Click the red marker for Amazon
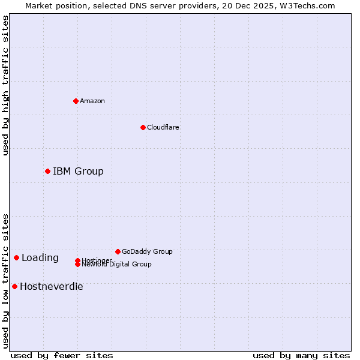[76, 101]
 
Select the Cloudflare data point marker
[143, 127]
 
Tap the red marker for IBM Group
[47, 172]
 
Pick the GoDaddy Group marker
[118, 251]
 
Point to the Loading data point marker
[16, 258]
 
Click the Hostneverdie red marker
[14, 287]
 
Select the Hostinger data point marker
[77, 260]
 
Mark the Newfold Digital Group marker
[77, 265]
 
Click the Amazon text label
[92, 101]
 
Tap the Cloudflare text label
[163, 127]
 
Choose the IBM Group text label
[78, 172]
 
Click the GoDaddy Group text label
[147, 251]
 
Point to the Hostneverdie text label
[52, 287]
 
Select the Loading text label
[40, 258]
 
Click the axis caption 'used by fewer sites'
[62, 355]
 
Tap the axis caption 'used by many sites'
[301, 355]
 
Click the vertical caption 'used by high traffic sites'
[5, 85]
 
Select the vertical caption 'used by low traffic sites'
[5, 281]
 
